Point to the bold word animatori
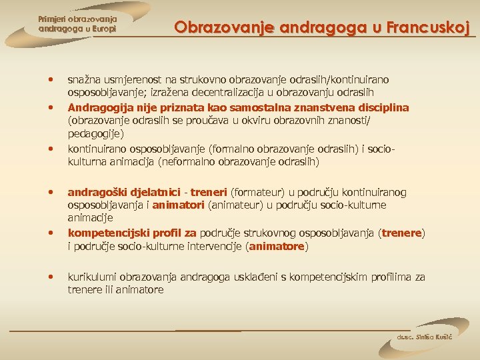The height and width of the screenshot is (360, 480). [179, 205]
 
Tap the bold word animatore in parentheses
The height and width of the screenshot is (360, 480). [277, 246]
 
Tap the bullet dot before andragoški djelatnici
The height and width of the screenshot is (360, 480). [50, 192]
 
